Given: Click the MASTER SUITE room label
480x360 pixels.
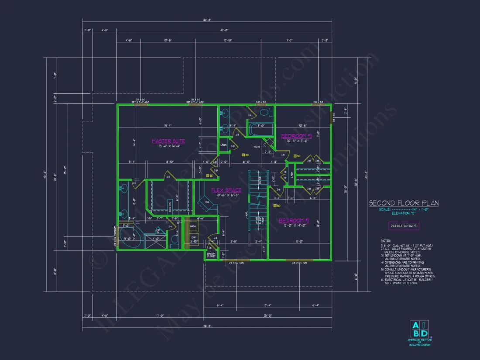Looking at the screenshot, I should click(168, 141).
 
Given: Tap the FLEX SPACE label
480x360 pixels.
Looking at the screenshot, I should click(226, 190).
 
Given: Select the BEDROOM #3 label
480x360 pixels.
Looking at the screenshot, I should click(296, 136).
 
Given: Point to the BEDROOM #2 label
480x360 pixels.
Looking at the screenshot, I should click(294, 220).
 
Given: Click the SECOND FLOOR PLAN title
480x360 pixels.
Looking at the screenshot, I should click(404, 203).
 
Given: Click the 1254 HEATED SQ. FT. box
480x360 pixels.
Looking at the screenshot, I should click(404, 226).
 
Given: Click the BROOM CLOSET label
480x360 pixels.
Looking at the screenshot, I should click(211, 254).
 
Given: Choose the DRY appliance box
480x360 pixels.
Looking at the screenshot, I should click(193, 237).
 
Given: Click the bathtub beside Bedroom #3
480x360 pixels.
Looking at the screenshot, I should click(260, 130).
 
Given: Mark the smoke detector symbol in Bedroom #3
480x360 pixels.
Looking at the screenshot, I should click(295, 155).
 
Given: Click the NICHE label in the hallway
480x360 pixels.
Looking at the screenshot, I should click(257, 147).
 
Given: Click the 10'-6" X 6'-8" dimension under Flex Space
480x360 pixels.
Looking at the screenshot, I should click(226, 195).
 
